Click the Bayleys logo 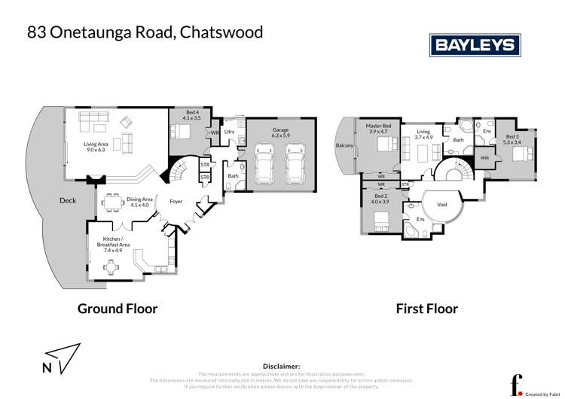pos(475,44)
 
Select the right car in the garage pos(294,163)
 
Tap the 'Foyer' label pos(176,201)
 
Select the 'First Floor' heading pos(427,308)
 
